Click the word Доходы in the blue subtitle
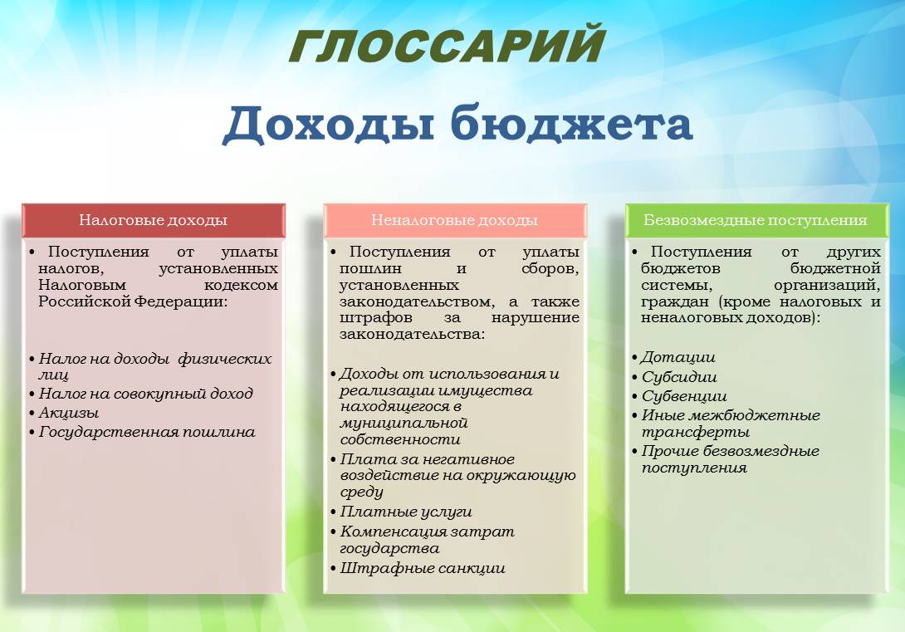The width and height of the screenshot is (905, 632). click(328, 123)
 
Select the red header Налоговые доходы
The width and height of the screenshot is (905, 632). click(153, 220)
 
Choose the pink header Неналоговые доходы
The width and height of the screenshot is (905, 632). click(454, 220)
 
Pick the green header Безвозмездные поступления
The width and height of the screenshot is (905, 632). click(756, 220)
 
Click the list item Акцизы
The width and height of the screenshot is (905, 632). click(69, 414)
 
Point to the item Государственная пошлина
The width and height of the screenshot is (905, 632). click(147, 433)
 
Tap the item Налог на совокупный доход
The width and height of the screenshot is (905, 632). click(146, 394)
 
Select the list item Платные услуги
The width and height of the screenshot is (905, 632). click(406, 512)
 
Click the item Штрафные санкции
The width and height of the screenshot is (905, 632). click(423, 569)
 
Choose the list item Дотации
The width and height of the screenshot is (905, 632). click(678, 358)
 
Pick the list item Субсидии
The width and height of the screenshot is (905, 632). click(679, 378)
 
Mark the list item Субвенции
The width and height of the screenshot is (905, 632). click(684, 396)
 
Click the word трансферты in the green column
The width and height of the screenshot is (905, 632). click(696, 433)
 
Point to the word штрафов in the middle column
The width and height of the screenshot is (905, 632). click(376, 318)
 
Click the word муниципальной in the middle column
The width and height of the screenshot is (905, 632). click(404, 423)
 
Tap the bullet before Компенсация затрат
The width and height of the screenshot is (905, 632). click(333, 532)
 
